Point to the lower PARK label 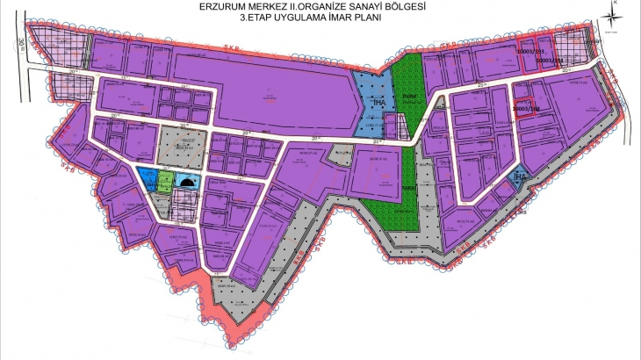(407, 188)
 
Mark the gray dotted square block (182, 146)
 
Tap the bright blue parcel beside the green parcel (146, 176)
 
